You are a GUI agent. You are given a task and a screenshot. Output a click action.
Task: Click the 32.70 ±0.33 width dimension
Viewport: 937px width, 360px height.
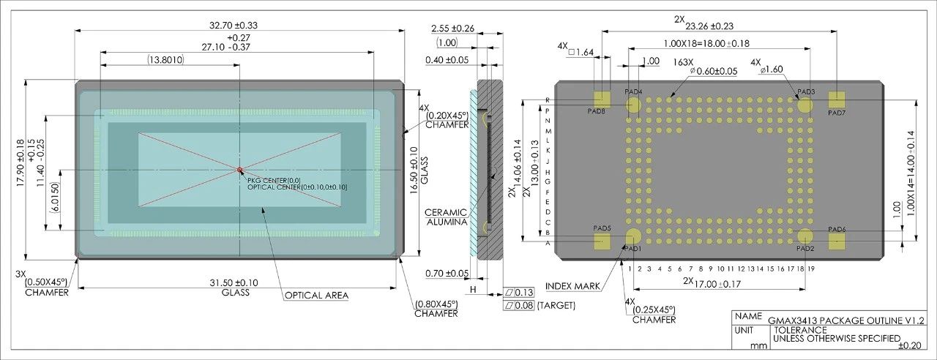[234, 25]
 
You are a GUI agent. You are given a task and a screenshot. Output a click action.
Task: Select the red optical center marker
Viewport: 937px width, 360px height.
[239, 170]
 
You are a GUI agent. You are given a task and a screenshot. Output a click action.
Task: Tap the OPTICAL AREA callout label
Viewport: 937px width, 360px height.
[316, 296]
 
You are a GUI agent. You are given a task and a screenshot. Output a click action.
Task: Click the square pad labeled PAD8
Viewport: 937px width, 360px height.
[602, 100]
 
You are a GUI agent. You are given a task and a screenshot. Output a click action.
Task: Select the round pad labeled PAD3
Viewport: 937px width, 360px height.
[805, 105]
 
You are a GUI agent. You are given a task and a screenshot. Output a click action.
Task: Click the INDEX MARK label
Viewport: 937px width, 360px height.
[572, 286]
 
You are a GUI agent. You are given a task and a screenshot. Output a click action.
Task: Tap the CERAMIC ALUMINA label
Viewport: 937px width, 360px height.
[447, 217]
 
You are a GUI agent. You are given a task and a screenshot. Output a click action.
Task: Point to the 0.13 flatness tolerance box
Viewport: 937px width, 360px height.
[519, 292]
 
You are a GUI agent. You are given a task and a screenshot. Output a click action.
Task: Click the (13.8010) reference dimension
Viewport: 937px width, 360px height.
[165, 60]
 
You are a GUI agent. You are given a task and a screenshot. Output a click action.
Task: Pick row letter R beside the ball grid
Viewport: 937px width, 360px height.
[547, 100]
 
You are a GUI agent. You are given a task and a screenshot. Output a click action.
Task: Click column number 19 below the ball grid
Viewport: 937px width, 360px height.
[810, 269]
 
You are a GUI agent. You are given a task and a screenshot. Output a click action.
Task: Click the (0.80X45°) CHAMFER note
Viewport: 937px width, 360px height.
[436, 309]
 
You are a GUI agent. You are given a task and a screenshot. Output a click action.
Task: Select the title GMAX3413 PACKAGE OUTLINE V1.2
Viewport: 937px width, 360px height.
[846, 320]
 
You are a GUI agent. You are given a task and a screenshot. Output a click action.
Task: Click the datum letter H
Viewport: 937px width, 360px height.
[473, 289]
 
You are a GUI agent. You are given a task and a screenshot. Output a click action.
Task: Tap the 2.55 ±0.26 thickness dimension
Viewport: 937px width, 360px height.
[452, 29]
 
